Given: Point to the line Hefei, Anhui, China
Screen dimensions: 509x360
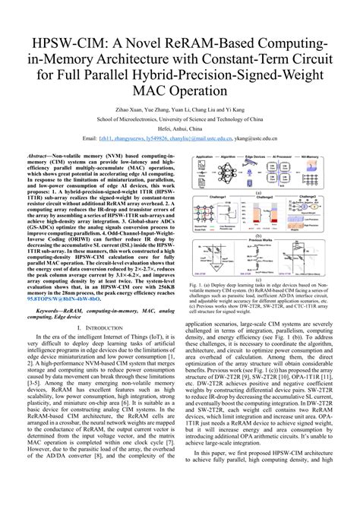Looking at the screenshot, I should (x=179, y=129).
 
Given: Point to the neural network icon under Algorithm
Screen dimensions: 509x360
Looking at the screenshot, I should (x=232, y=171).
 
